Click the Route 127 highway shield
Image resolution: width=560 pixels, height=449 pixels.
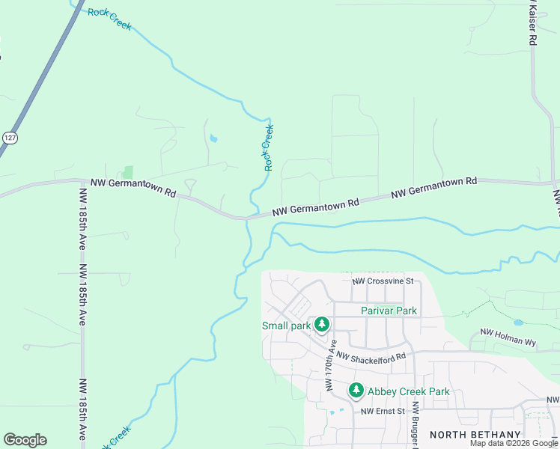click(x=8, y=138)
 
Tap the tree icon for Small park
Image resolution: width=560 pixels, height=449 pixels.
click(x=322, y=325)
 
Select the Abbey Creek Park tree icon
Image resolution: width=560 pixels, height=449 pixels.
click(x=356, y=391)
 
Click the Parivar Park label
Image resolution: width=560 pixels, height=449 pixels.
click(x=389, y=311)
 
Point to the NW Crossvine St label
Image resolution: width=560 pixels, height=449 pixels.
click(x=383, y=281)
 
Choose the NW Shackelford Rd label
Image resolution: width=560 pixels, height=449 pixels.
click(x=371, y=358)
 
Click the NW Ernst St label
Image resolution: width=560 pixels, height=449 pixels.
click(x=383, y=411)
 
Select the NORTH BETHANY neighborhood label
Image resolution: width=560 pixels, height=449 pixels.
click(x=475, y=435)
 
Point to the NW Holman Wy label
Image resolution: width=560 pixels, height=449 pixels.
click(x=508, y=337)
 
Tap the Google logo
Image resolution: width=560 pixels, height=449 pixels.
click(x=25, y=440)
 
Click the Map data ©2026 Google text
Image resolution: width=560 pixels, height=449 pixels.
click(x=514, y=444)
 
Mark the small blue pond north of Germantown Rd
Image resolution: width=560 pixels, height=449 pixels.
click(x=214, y=138)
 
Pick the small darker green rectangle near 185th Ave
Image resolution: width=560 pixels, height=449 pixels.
click(x=128, y=172)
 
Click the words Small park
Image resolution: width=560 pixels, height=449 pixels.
click(x=286, y=326)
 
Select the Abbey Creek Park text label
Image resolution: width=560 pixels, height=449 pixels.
click(x=409, y=391)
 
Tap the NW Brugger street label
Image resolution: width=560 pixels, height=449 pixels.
click(x=414, y=427)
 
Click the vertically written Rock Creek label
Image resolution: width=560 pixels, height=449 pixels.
click(x=269, y=147)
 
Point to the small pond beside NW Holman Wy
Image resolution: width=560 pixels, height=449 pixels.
click(x=519, y=323)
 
